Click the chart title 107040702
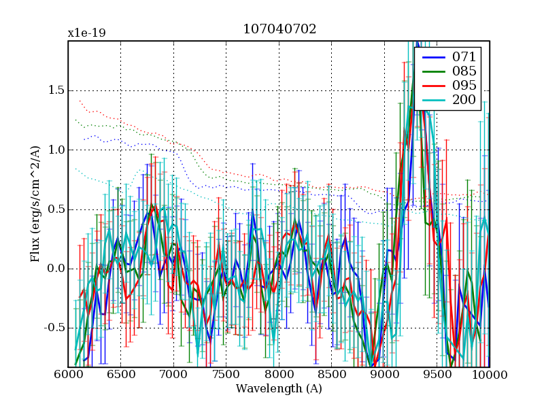279,29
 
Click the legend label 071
464,56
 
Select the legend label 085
464,71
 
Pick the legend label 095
464,86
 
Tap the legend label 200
464,101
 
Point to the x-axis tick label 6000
68,375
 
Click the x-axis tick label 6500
120,375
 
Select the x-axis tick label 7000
173,375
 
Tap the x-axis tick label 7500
226,375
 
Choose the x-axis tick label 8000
279,375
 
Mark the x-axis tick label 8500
331,375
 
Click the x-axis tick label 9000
384,375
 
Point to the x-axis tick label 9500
437,375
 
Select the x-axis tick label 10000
488,375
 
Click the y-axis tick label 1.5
54,91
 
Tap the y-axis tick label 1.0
54,150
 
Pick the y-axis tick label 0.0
54,269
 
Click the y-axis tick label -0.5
52,328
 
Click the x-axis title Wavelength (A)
279,389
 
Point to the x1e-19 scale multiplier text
86,33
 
